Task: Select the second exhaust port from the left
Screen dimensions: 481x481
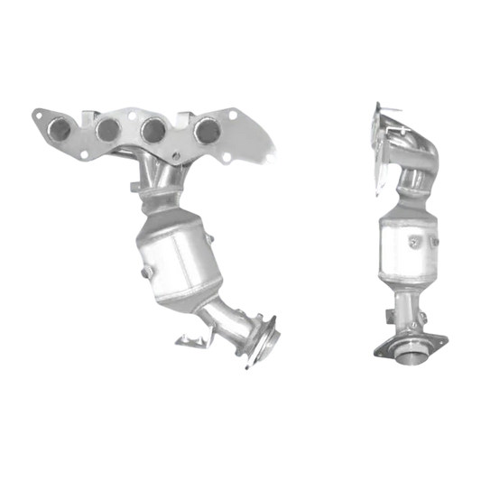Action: pos(110,129)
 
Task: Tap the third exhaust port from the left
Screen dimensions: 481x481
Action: pos(152,130)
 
